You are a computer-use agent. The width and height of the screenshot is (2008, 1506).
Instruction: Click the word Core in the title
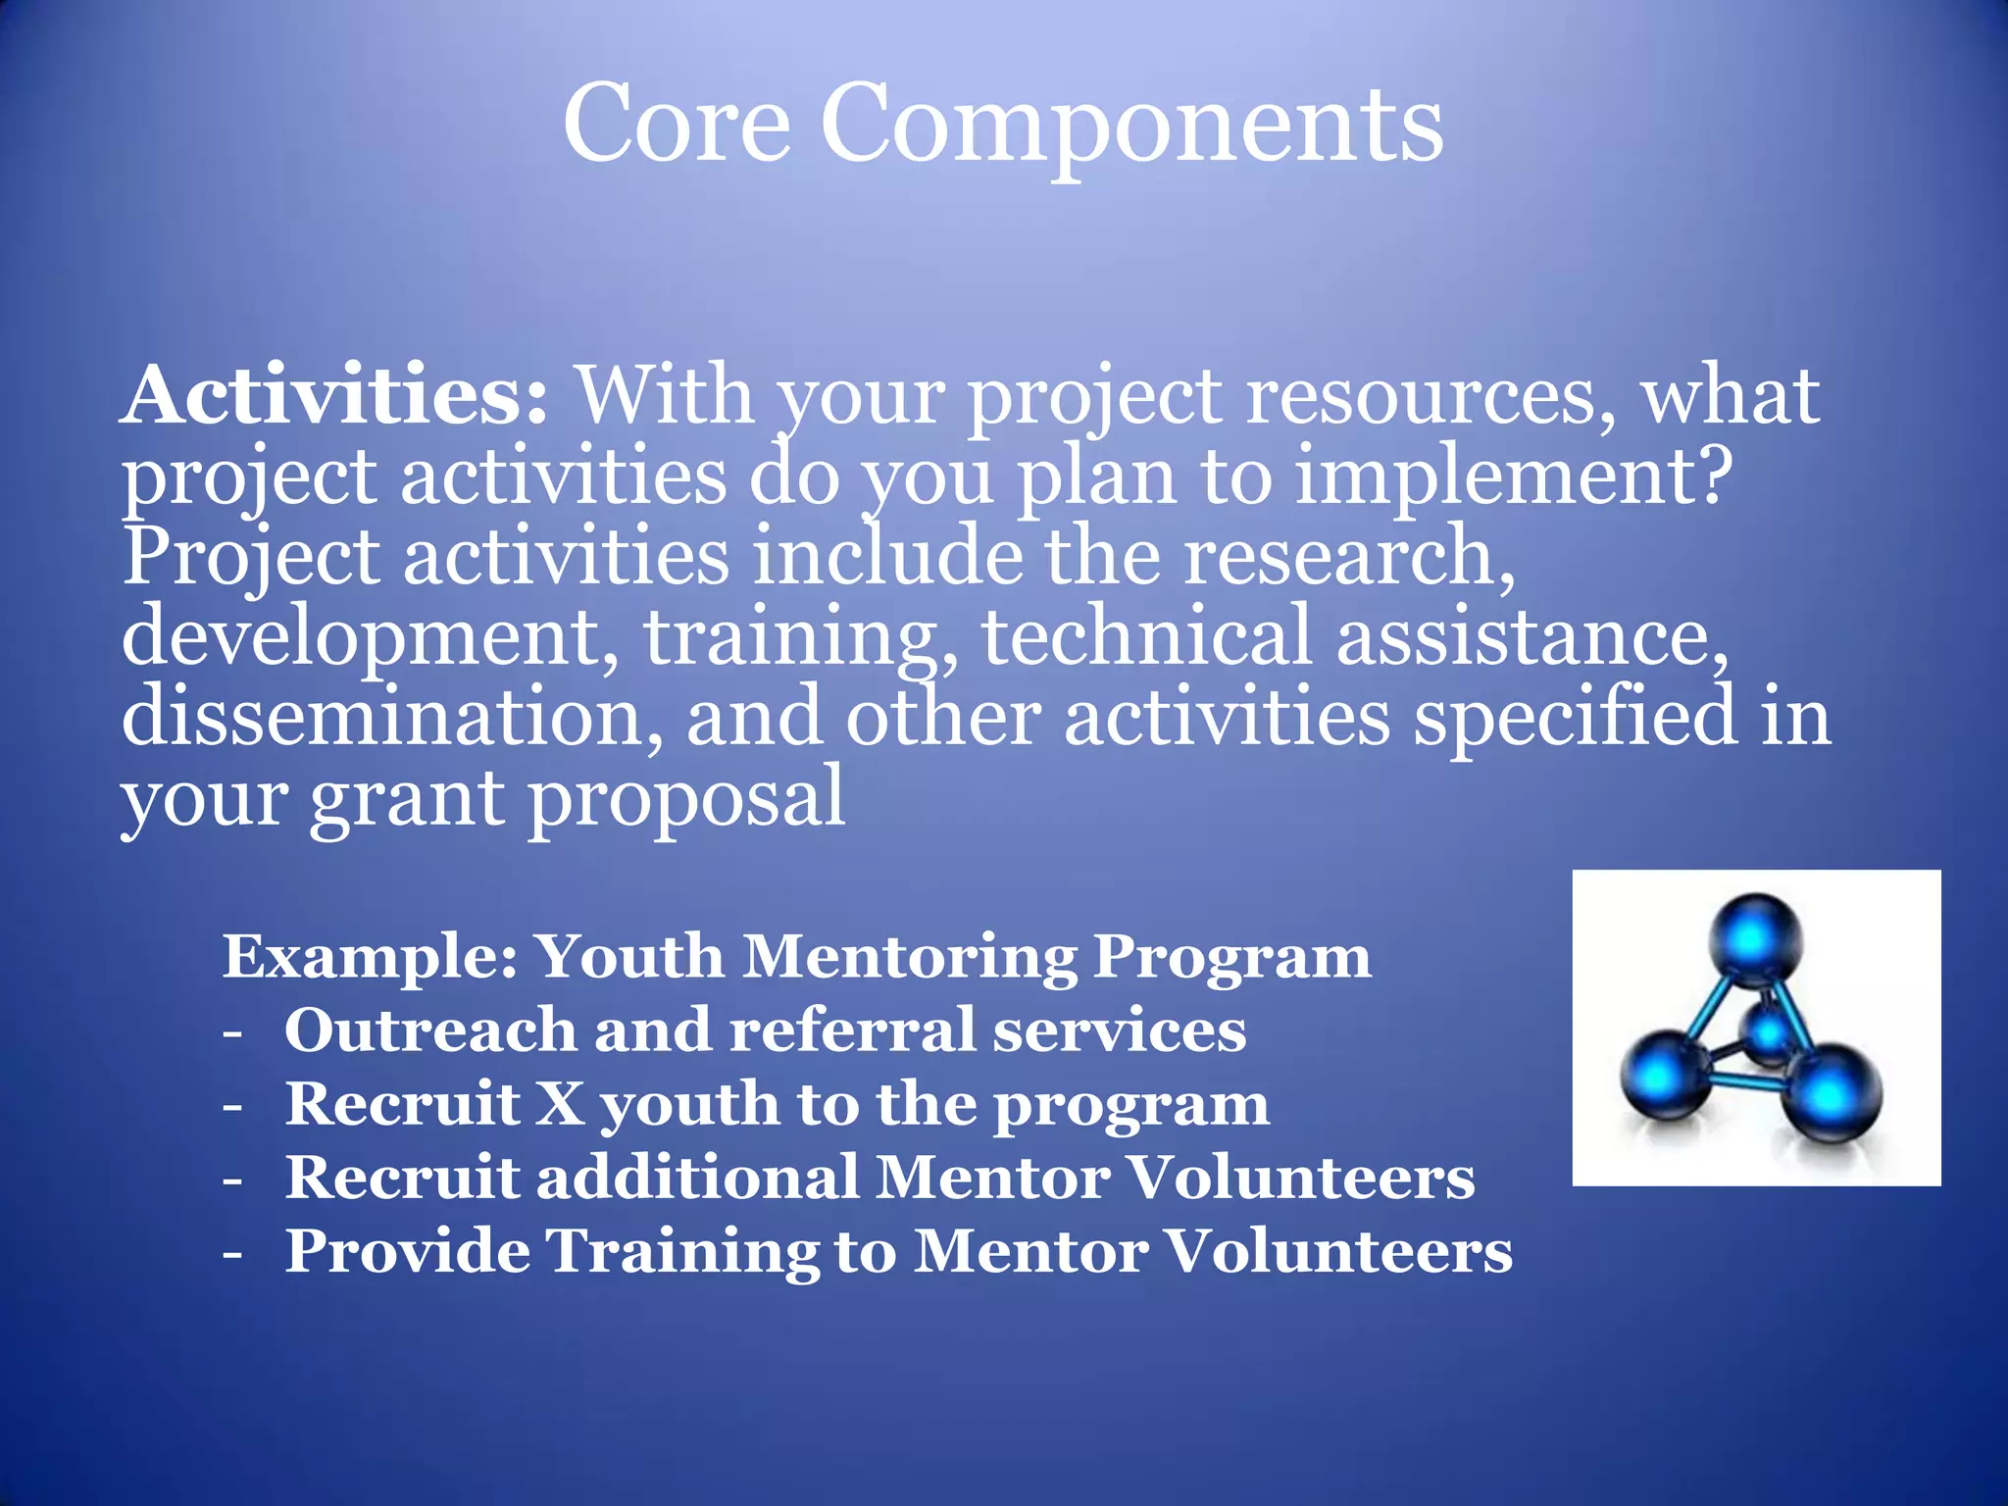tap(677, 125)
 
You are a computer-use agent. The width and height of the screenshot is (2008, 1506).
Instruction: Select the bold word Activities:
tap(333, 395)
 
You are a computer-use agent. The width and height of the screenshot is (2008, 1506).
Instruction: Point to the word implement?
tap(1514, 478)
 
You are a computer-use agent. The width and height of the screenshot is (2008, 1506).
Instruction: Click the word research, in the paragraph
tap(1349, 557)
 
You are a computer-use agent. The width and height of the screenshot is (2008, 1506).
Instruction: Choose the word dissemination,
tap(392, 717)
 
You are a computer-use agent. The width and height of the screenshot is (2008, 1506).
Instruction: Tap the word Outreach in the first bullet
tap(429, 1030)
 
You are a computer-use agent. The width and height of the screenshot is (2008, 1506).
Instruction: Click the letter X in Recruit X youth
tap(560, 1104)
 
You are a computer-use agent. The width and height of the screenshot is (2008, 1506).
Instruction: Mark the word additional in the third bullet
tap(697, 1178)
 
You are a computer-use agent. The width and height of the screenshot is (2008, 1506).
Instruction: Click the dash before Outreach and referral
tap(232, 1032)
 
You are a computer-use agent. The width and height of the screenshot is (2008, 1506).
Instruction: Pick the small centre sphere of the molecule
tap(1771, 1032)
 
